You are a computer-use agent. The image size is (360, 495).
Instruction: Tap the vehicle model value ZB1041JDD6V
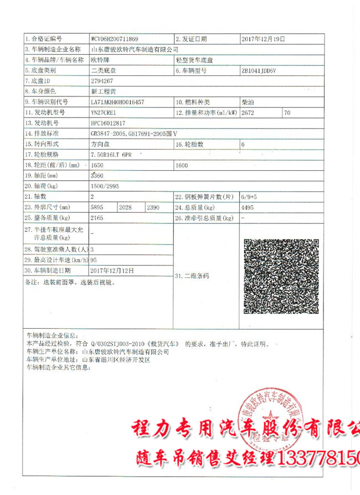click(x=262, y=71)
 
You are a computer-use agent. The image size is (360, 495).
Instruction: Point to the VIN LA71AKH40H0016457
click(x=118, y=102)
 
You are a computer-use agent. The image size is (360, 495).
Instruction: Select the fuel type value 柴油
click(x=248, y=102)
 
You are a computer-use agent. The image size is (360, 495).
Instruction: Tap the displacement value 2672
click(x=250, y=113)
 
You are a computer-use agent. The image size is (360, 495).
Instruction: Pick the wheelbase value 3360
click(x=97, y=175)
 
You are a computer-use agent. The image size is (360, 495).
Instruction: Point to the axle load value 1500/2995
click(x=105, y=186)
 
